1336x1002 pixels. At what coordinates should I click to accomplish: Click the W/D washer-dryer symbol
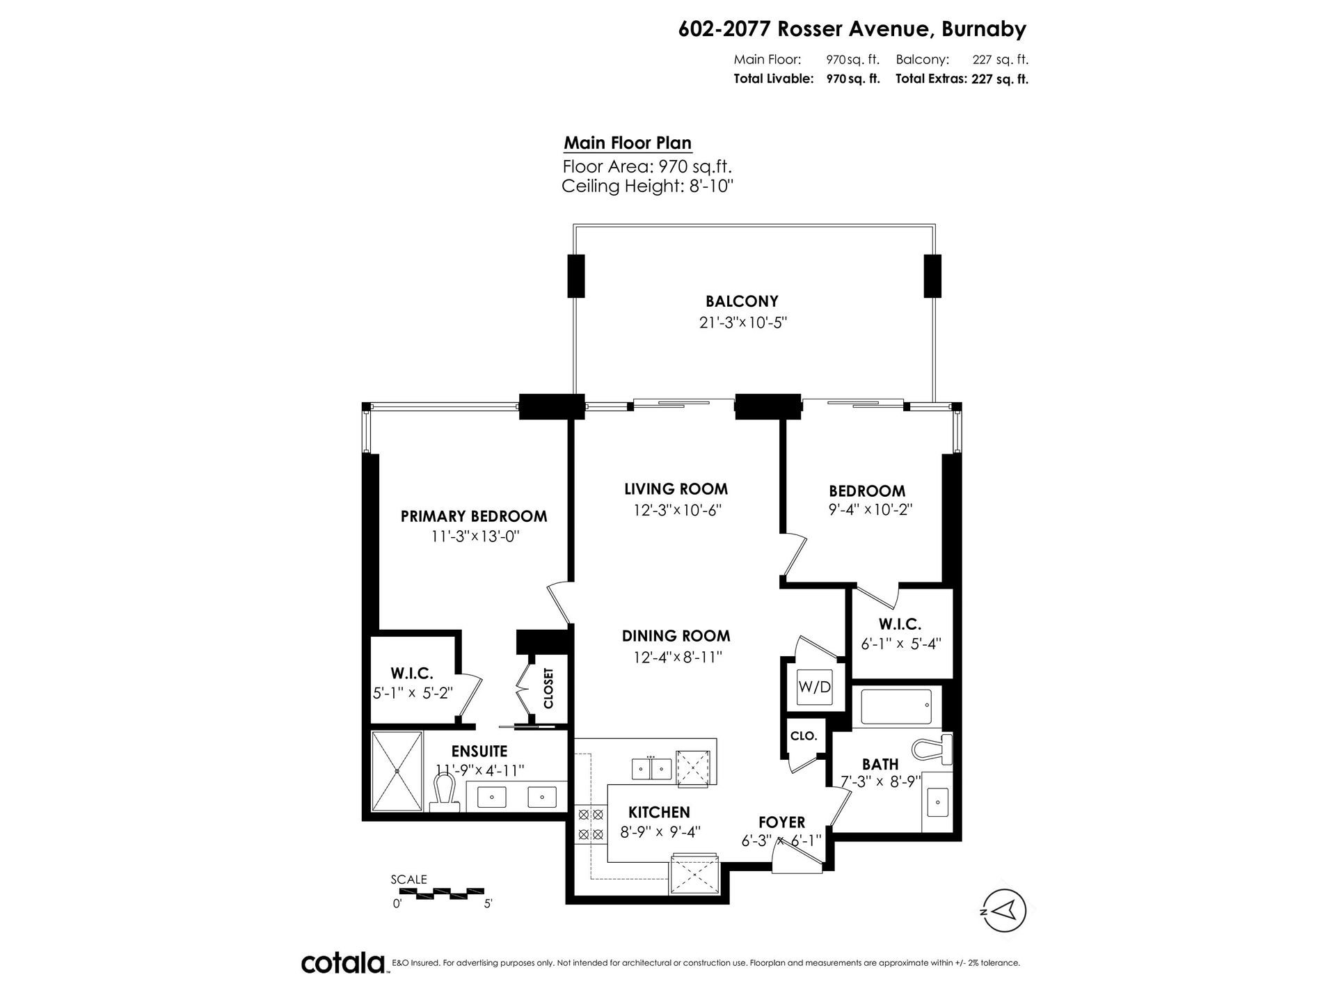click(x=814, y=687)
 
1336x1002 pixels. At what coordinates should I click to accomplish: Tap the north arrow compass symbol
click(x=1004, y=911)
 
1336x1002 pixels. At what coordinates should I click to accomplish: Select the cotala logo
click(x=344, y=964)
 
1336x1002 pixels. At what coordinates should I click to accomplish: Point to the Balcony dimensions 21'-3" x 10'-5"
click(x=742, y=323)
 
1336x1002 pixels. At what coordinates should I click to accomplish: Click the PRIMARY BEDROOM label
click(x=474, y=516)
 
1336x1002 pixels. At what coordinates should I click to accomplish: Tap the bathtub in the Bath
click(x=896, y=706)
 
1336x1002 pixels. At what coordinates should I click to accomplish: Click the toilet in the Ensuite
click(x=445, y=794)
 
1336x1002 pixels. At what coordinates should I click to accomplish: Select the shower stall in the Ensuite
click(x=397, y=770)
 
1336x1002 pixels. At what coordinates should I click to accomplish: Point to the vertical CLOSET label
click(x=548, y=688)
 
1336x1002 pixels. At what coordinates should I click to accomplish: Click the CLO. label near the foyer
click(x=804, y=736)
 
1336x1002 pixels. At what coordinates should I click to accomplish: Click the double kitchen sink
click(x=651, y=769)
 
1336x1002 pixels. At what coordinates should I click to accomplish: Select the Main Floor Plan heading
click(x=628, y=143)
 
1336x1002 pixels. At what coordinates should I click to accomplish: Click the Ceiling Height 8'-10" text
click(x=648, y=186)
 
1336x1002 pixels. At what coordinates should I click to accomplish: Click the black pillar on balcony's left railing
click(x=575, y=276)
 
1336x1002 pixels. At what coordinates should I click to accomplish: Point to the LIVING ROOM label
click(x=676, y=489)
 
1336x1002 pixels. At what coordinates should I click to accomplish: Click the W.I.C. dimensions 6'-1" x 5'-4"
click(x=900, y=644)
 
